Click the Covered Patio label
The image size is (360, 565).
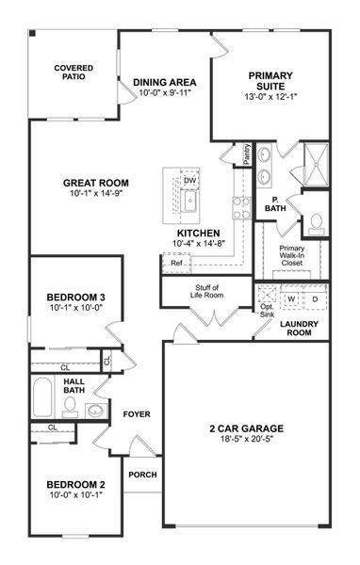73,73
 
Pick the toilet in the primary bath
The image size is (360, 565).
316,223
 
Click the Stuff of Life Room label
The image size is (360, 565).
208,291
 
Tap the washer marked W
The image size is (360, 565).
291,299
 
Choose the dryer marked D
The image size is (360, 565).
316,299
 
